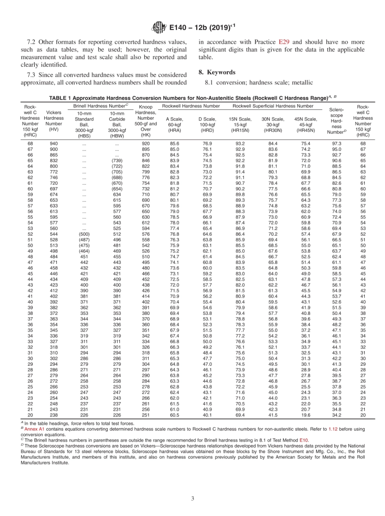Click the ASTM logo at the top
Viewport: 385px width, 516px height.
(158, 27)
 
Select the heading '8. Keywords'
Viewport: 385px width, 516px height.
(216, 72)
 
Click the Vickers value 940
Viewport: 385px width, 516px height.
(53, 143)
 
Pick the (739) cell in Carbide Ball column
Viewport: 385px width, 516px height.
(117, 161)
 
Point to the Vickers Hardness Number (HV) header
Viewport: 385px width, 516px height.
(53, 120)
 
